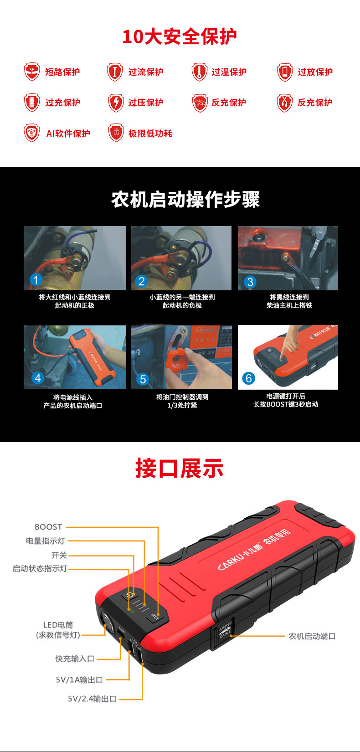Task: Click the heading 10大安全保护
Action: pyautogui.click(x=180, y=36)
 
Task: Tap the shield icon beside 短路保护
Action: pyautogui.click(x=32, y=72)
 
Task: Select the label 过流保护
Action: pyautogui.click(x=146, y=72)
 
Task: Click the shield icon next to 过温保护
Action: pyautogui.click(x=200, y=72)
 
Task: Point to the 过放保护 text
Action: pyautogui.click(x=315, y=72)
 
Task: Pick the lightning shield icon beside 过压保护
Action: pyautogui.click(x=116, y=103)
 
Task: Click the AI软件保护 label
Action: pyautogui.click(x=68, y=134)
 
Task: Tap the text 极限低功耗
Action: pyautogui.click(x=150, y=134)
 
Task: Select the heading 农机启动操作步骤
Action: pyautogui.click(x=185, y=200)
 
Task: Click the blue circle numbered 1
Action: pyautogui.click(x=36, y=280)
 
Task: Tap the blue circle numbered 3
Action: pyautogui.click(x=250, y=282)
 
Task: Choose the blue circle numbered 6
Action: pyautogui.click(x=248, y=378)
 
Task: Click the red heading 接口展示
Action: pyautogui.click(x=180, y=469)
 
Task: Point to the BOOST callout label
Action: pyautogui.click(x=48, y=527)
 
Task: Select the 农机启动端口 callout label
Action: pyautogui.click(x=312, y=636)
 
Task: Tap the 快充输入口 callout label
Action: pyautogui.click(x=75, y=659)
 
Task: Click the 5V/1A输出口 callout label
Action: pyautogui.click(x=79, y=680)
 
